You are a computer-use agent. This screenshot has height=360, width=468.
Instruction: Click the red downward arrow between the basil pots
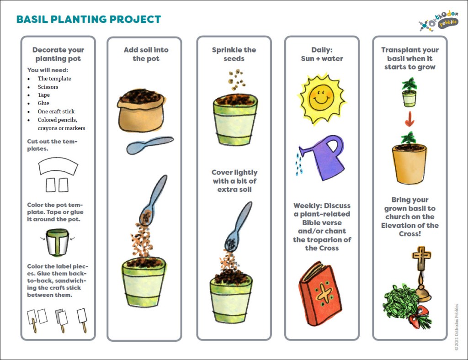[x=409, y=119]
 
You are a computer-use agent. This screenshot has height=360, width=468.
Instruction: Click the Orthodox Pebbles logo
[x=438, y=21]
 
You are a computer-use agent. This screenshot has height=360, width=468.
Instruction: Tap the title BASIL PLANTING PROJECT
[x=89, y=19]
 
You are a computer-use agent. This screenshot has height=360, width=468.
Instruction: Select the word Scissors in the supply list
[x=48, y=87]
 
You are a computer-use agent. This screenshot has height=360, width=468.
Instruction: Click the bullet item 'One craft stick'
[x=56, y=111]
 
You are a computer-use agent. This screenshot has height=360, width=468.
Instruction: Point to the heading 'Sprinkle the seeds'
[x=234, y=54]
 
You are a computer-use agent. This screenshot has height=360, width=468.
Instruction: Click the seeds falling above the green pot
[x=236, y=79]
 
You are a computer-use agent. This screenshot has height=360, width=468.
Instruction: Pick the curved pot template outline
[x=58, y=166]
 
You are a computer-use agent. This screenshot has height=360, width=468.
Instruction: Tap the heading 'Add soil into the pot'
[x=146, y=54]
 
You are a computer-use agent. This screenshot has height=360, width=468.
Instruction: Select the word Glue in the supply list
[x=43, y=103]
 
